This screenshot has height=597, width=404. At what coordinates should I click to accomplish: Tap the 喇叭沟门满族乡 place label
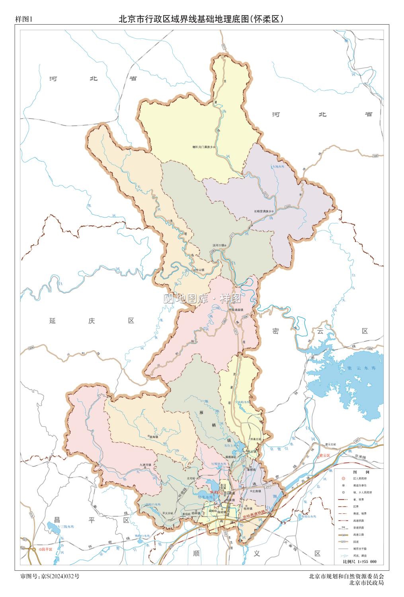pos(203,147)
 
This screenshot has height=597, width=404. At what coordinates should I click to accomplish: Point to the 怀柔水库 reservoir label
pos(206,497)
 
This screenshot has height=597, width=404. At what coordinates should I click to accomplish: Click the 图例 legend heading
pos(357,471)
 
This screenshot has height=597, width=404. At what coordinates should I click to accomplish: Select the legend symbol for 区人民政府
pos(343,478)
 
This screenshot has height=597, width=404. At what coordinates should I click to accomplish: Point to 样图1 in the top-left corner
pos(23,19)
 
